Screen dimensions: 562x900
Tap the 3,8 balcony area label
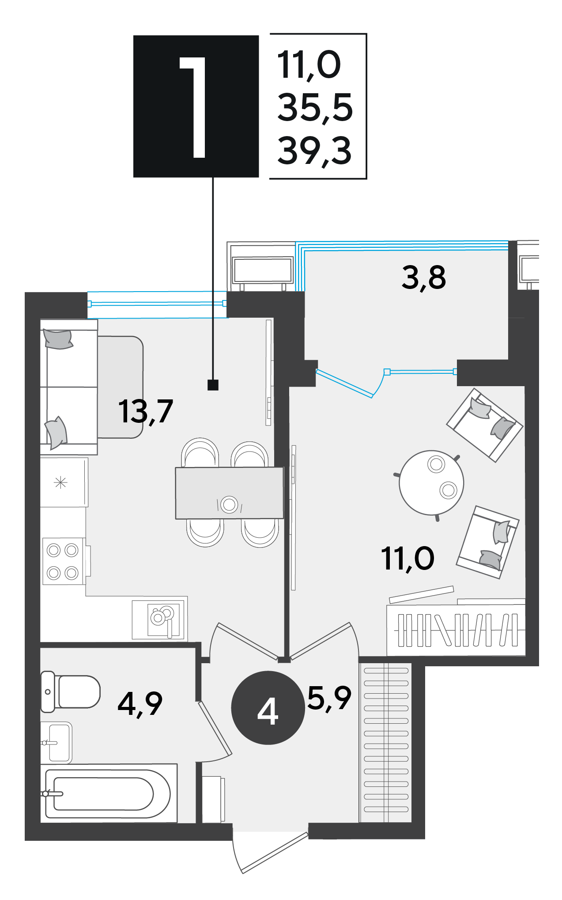click(x=424, y=278)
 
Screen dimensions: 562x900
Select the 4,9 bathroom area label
click(x=140, y=704)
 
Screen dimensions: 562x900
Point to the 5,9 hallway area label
click(x=329, y=699)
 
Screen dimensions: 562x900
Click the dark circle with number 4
click(x=268, y=707)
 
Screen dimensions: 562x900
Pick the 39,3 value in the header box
click(x=314, y=151)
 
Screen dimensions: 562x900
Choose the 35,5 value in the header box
click(x=315, y=107)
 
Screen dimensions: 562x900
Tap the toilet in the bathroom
click(x=71, y=692)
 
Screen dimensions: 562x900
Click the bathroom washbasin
click(x=56, y=743)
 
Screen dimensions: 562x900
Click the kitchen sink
click(x=159, y=619)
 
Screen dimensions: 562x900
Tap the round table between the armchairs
click(x=431, y=482)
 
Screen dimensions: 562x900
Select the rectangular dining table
click(x=230, y=493)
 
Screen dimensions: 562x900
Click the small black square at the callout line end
click(x=213, y=385)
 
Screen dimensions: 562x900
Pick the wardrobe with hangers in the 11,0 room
click(x=456, y=630)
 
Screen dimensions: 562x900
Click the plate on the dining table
click(x=229, y=504)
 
